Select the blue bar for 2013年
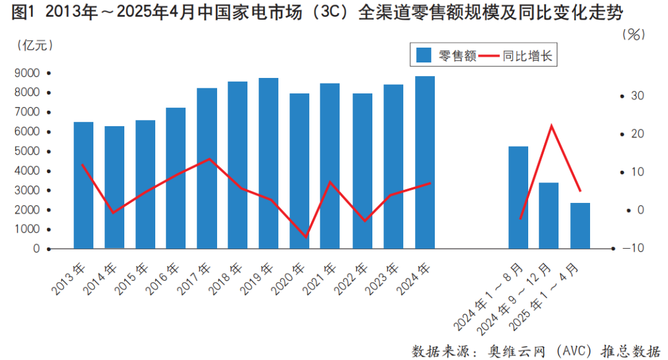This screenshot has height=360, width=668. point(83,186)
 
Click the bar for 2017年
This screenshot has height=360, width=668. point(207,168)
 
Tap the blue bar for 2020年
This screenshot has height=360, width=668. point(300,171)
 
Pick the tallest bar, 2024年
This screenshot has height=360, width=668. point(425,162)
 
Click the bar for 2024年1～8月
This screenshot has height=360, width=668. point(518,197)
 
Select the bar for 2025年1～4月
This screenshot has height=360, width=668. point(580,225)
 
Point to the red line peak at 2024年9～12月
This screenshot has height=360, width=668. point(550,126)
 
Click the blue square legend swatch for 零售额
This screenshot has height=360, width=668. point(424,56)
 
